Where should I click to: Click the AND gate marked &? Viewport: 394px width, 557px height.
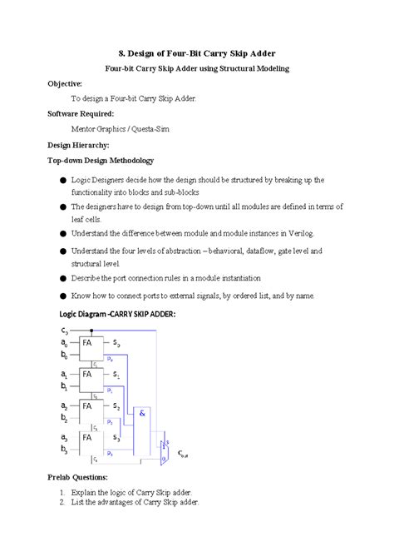[143, 412]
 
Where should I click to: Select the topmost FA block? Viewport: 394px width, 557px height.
[86, 342]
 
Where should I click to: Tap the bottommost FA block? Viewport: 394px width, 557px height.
[86, 437]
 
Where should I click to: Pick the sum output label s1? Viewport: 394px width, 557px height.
[116, 376]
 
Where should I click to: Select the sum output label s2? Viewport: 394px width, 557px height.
[116, 407]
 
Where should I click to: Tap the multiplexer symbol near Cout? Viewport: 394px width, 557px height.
[165, 446]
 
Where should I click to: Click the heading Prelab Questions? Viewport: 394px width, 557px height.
[79, 477]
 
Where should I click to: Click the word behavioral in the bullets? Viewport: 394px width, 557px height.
[246, 250]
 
